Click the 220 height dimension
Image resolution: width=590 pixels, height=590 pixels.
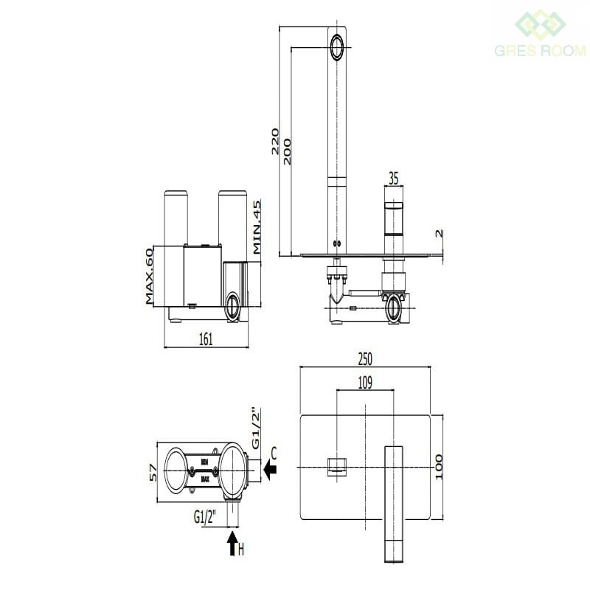click(x=274, y=141)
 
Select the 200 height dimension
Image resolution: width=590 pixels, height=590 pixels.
click(x=287, y=150)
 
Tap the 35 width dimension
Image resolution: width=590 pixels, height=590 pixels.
click(x=393, y=178)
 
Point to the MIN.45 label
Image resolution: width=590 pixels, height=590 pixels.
click(x=257, y=228)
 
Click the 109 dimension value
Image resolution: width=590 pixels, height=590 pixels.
click(x=364, y=382)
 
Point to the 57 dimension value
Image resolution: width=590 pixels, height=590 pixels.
click(x=153, y=472)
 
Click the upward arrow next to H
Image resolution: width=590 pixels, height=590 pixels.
click(x=232, y=545)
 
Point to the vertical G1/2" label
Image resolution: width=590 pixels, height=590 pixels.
click(x=256, y=428)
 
